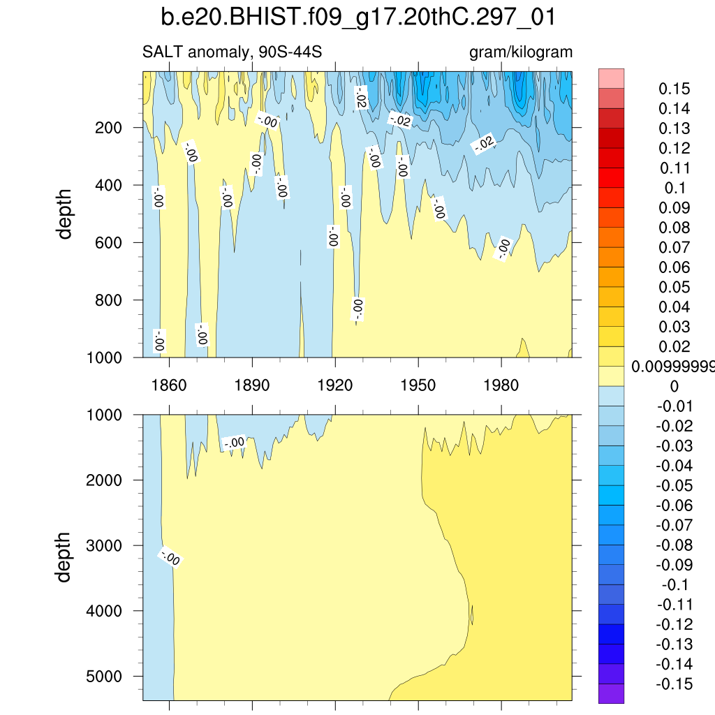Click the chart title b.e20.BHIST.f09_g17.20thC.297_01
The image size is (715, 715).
(x=357, y=17)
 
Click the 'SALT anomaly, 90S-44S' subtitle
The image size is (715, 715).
(x=232, y=52)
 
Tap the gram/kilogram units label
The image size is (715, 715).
(x=521, y=52)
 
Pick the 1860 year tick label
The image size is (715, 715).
(x=169, y=385)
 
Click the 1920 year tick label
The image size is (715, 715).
(x=335, y=385)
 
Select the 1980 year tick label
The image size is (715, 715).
(x=501, y=385)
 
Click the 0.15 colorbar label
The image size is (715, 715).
(x=675, y=89)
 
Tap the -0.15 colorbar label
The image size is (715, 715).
(x=675, y=684)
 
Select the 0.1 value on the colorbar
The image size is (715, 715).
(x=675, y=189)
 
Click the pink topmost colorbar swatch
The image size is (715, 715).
(x=611, y=78)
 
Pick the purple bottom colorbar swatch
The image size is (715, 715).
(x=611, y=693)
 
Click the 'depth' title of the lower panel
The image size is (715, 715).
(x=65, y=557)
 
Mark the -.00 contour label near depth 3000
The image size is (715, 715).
(x=170, y=558)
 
